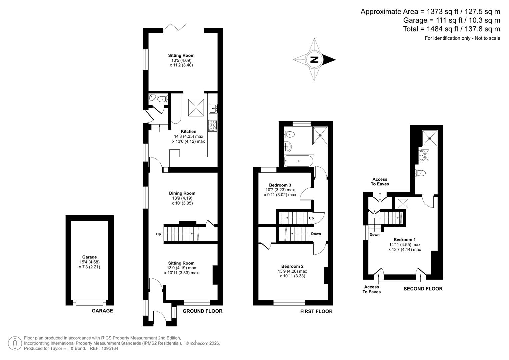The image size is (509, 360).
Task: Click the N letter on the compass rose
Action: coord(314,60)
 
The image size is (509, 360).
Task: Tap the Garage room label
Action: coord(89,257)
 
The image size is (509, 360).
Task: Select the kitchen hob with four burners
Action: coord(213,125)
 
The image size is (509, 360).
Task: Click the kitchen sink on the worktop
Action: coord(213,108)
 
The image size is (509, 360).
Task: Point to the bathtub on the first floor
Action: coord(299,161)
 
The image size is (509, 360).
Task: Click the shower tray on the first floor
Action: coord(320,135)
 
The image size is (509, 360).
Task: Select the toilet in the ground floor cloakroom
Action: coord(162,99)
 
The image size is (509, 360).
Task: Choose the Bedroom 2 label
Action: coord(292,266)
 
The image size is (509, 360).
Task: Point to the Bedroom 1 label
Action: coord(405,240)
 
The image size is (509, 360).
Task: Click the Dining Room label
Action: coord(182,193)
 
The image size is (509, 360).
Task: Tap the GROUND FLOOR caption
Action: coord(202,311)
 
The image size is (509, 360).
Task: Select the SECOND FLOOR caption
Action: coord(423,289)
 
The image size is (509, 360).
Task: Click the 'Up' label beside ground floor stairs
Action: coord(158,234)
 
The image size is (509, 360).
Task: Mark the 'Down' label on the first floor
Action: coord(316,234)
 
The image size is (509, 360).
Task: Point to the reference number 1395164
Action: coord(107,348)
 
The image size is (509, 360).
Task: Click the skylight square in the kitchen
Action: coord(196,107)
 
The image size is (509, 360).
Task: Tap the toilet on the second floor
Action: coord(421,173)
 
